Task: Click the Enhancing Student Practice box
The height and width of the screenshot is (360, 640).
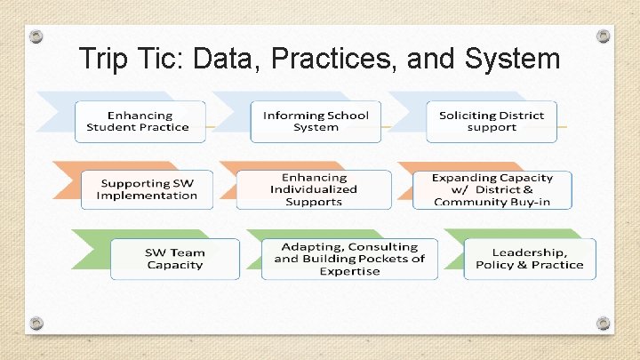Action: pos(139,122)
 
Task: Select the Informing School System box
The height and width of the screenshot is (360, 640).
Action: pos(316,122)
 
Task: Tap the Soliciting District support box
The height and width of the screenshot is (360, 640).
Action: pos(491,122)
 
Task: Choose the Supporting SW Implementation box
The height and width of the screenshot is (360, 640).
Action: pos(147,189)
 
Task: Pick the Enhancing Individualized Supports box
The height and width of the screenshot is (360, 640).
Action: pos(314,189)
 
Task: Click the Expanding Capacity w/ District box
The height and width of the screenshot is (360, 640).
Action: pos(492,189)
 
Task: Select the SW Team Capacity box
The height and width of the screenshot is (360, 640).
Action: pos(174,259)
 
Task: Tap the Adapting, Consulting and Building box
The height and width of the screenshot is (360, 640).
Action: pos(349,259)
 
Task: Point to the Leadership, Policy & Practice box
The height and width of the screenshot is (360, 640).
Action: pos(530,259)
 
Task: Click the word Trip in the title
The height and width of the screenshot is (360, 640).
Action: pos(101,59)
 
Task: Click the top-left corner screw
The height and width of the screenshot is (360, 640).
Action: pos(36,36)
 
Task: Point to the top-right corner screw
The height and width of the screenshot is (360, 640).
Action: pos(604,36)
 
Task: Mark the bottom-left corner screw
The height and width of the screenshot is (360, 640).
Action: pos(36,323)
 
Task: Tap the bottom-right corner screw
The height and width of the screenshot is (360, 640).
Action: pos(604,323)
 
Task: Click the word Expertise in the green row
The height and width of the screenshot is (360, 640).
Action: pos(349,271)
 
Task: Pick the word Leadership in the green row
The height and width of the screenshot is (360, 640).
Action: pos(530,252)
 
